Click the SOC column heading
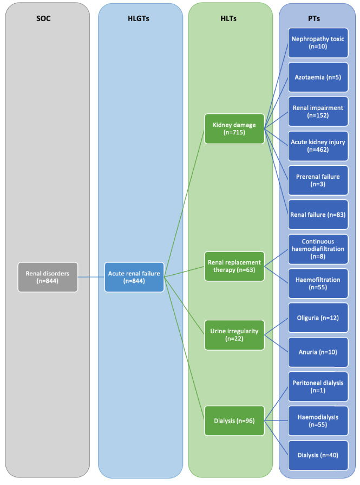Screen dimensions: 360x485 click(43, 18)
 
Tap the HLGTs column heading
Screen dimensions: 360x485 click(139, 18)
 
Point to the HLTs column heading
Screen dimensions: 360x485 click(228, 18)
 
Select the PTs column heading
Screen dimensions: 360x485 click(313, 18)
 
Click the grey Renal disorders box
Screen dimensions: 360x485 click(48, 277)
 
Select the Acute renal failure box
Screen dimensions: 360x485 click(134, 277)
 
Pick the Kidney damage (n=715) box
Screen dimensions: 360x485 click(234, 128)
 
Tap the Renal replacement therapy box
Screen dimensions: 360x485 click(234, 266)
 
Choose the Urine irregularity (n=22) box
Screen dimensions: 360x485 click(234, 335)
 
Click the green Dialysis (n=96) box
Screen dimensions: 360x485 click(234, 421)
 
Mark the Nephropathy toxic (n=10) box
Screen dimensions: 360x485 click(318, 43)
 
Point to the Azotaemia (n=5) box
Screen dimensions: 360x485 click(318, 77)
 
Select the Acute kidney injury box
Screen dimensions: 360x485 click(318, 146)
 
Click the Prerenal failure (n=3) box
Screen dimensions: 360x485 click(318, 180)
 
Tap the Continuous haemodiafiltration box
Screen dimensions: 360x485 click(318, 249)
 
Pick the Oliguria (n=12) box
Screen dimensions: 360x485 click(318, 318)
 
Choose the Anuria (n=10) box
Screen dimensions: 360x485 click(318, 352)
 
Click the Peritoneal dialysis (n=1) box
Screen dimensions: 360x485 click(318, 386)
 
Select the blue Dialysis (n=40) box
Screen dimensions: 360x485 click(318, 455)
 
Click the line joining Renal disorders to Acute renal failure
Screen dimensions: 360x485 click(91, 277)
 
